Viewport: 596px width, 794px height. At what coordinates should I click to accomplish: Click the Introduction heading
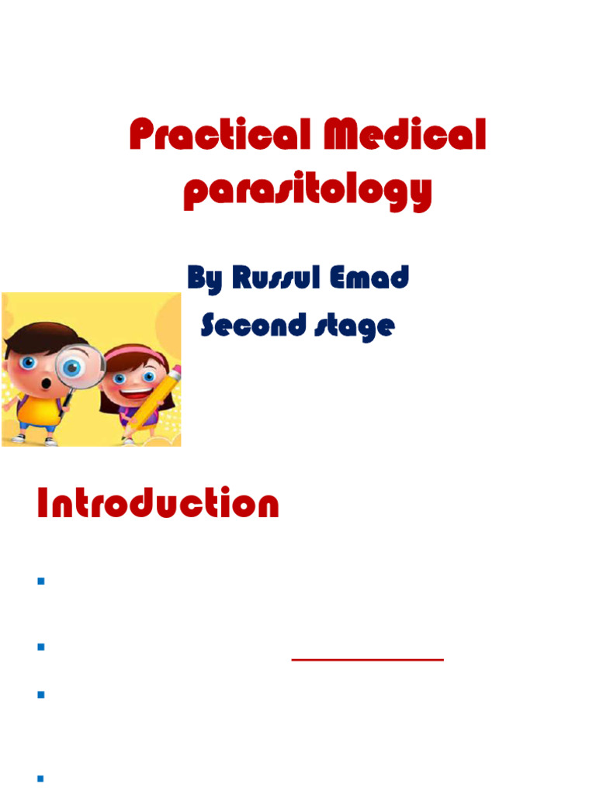coord(158,504)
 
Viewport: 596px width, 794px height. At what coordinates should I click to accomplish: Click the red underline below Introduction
coord(367,659)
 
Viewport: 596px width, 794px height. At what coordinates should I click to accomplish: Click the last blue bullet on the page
coord(40,778)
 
